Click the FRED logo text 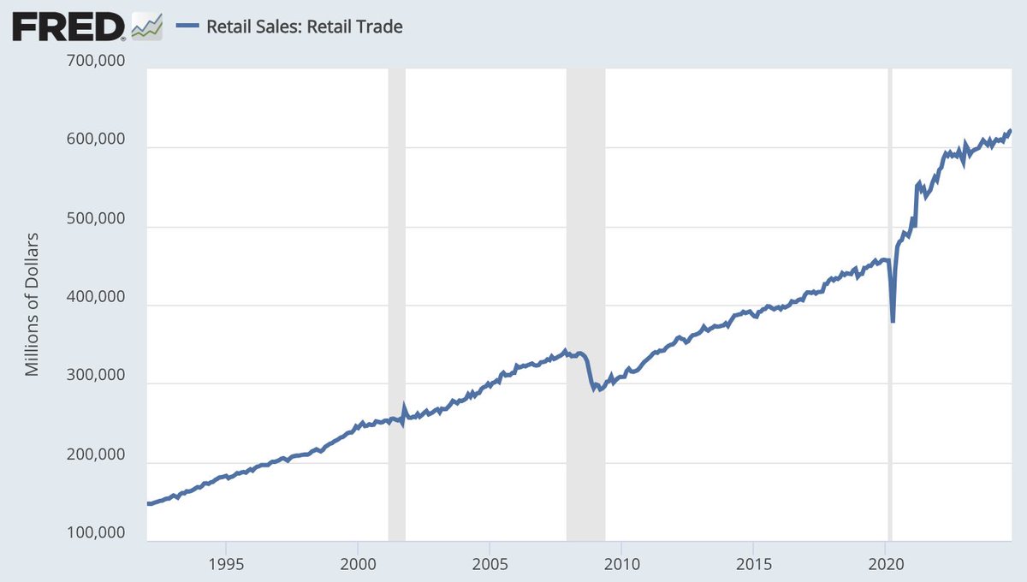pos(68,27)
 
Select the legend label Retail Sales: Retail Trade pos(305,27)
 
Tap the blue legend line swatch pos(187,27)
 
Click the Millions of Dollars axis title pos(33,304)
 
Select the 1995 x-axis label pos(226,565)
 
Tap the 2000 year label pos(358,565)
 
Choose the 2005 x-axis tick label pos(490,565)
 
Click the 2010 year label pos(621,565)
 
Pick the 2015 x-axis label pos(753,565)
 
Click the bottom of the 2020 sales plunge pos(893,321)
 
